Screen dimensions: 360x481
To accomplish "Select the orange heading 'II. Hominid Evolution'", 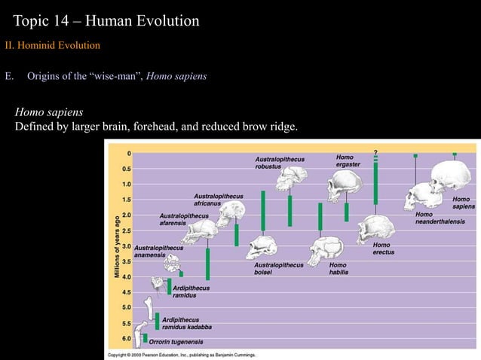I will click(x=51, y=47).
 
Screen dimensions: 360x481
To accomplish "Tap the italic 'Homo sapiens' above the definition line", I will click(x=50, y=111).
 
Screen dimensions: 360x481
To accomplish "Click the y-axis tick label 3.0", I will click(x=127, y=246).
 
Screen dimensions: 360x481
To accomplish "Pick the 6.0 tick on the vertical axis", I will click(x=127, y=338).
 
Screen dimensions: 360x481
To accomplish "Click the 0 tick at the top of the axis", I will click(x=129, y=153).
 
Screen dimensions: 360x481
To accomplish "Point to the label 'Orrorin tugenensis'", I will click(x=179, y=341).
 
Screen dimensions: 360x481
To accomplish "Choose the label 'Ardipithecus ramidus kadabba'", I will click(x=186, y=323).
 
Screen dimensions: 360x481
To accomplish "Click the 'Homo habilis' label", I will click(x=339, y=268).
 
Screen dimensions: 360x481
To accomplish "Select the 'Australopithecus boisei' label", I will click(x=279, y=268).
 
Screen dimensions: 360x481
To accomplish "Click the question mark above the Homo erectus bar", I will click(x=375, y=154).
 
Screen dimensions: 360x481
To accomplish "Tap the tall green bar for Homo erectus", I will click(x=375, y=181).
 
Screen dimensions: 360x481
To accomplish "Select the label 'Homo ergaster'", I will click(x=348, y=161).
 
